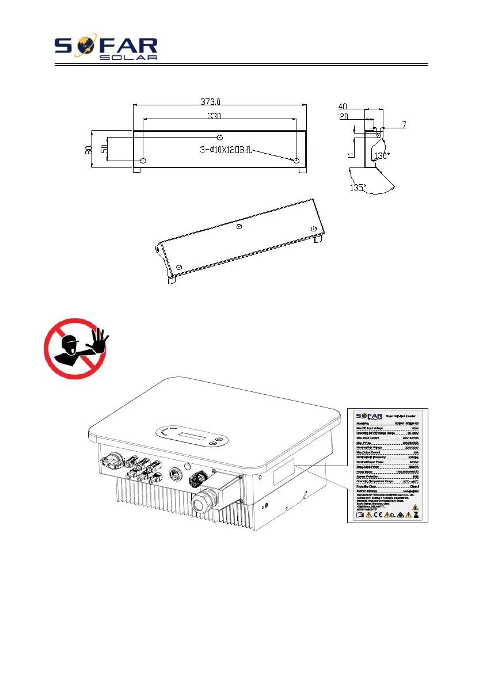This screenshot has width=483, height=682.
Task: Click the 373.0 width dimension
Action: point(211,102)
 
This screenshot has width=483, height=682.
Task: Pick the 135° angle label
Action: point(358,187)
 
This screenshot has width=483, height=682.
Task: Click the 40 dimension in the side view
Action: point(343,106)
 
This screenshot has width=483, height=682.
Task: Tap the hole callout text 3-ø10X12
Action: point(221,151)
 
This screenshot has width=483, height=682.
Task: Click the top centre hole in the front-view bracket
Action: point(219,138)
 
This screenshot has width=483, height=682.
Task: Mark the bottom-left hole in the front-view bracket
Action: point(143,160)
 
